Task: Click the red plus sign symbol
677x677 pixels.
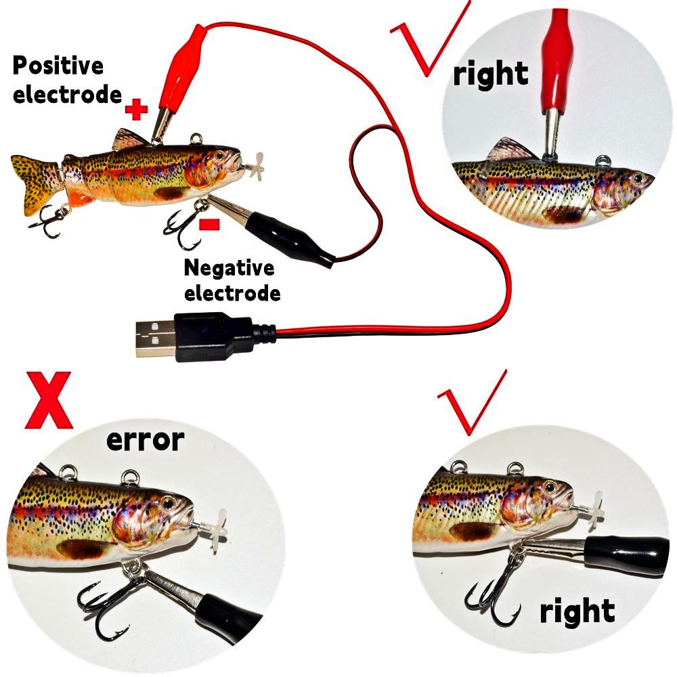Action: click(137, 109)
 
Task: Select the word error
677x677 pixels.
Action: click(145, 441)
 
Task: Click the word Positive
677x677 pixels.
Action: click(59, 66)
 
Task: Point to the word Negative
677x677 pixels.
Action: click(230, 269)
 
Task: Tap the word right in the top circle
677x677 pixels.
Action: click(491, 74)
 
